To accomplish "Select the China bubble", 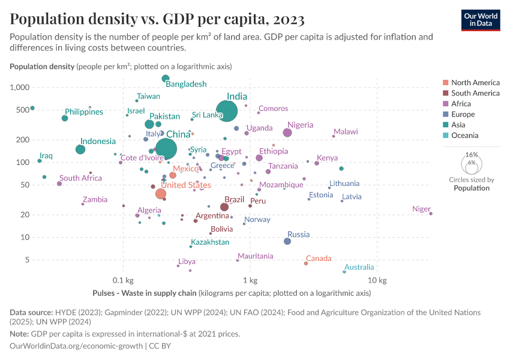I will pyautogui.click(x=166, y=149).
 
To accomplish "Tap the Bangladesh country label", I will pyautogui.click(x=186, y=84).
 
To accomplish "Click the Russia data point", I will pyautogui.click(x=287, y=241).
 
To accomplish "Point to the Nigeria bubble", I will pyautogui.click(x=287, y=133).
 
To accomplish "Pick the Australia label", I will pyautogui.click(x=359, y=267).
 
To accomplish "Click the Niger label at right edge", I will pyautogui.click(x=421, y=209).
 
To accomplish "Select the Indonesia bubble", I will pyautogui.click(x=80, y=149).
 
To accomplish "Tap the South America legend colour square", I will pyautogui.click(x=445, y=93).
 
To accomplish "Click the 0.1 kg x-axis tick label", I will pyautogui.click(x=122, y=280).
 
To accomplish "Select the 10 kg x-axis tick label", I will pyautogui.click(x=377, y=280).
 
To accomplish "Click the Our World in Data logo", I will pyautogui.click(x=481, y=19).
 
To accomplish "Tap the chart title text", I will pyautogui.click(x=157, y=20).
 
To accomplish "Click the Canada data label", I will pyautogui.click(x=319, y=259).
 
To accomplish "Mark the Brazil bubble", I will pyautogui.click(x=224, y=207).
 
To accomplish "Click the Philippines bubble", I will pyautogui.click(x=65, y=118).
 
